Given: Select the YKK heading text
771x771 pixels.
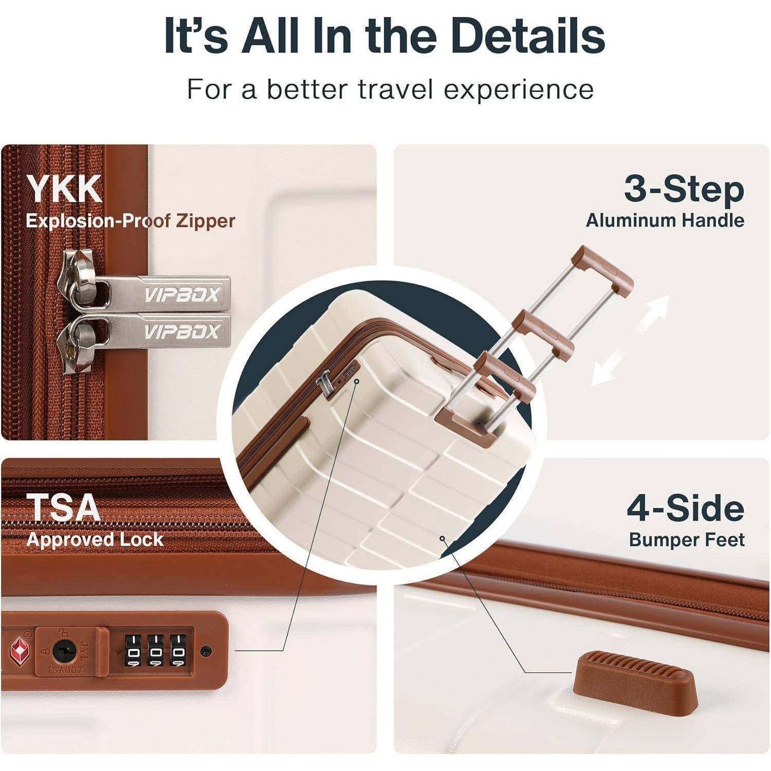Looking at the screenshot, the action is (x=64, y=189).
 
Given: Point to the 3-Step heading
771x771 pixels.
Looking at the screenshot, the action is (x=684, y=189).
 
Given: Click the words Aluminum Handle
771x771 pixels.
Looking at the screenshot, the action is (x=665, y=220).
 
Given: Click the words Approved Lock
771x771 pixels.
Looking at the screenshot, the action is (x=95, y=539).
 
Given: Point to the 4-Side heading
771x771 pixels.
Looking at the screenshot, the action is (x=685, y=508).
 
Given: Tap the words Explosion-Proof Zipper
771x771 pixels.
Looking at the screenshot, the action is (x=131, y=221).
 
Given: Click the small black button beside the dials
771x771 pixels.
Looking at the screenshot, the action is (x=206, y=652).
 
